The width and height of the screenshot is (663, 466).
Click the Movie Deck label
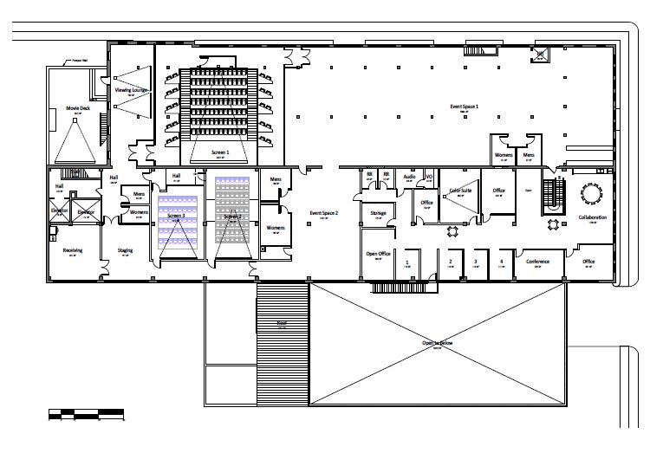78,108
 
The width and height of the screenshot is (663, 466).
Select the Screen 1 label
220,152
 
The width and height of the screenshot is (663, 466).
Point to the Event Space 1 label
464,107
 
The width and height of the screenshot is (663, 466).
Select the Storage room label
378,212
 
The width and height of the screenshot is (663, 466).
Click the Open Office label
379,254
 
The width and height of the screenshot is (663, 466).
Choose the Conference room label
538,261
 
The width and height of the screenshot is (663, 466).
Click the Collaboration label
592,217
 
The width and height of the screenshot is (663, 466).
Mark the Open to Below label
437,344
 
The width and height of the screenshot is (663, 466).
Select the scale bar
86,413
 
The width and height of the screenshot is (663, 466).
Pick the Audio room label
409,176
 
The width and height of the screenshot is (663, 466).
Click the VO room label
429,176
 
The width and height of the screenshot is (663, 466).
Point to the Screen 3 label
176,216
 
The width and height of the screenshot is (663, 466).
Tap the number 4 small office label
501,261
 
